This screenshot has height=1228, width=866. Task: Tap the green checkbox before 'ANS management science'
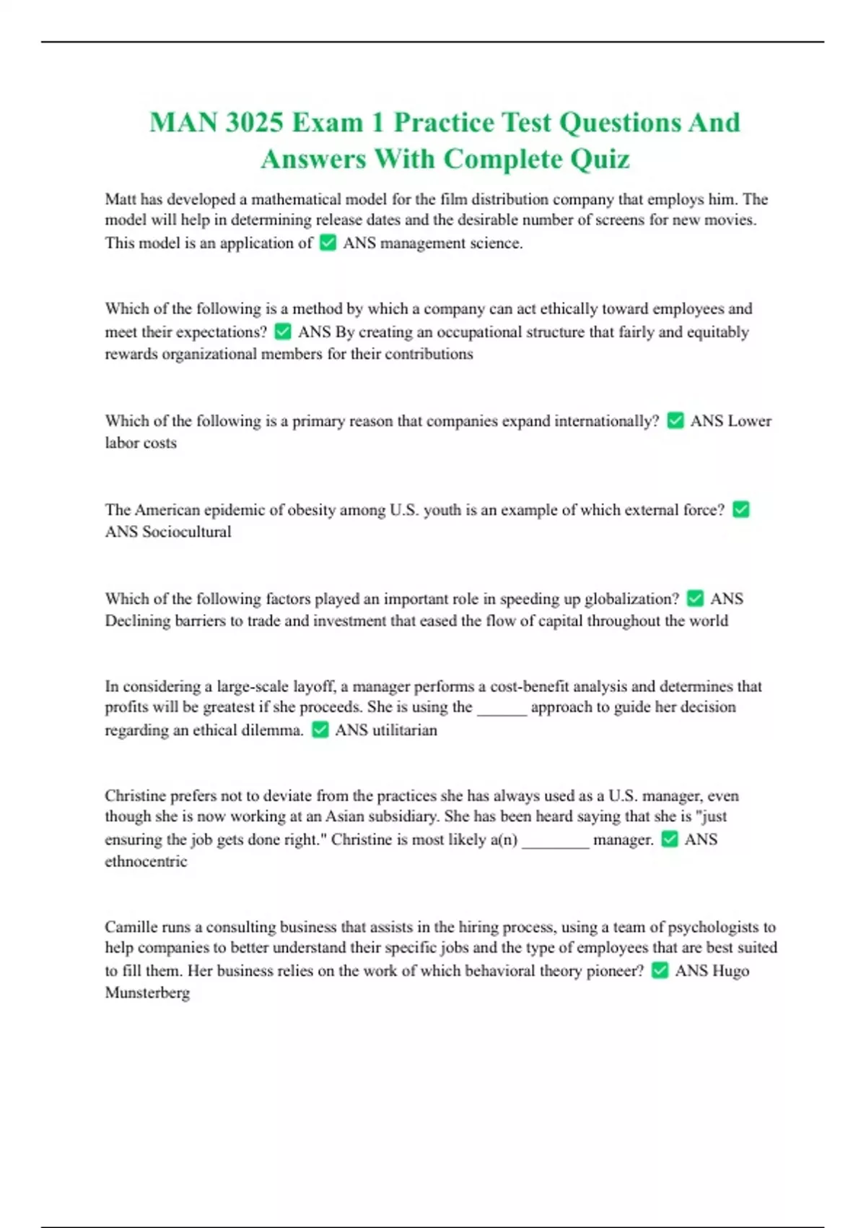click(x=328, y=243)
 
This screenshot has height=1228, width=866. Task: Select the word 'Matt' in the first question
click(x=121, y=199)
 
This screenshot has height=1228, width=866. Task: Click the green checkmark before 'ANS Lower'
click(x=675, y=420)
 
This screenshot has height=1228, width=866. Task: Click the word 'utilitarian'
click(x=404, y=730)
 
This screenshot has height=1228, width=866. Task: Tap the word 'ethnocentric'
click(x=146, y=861)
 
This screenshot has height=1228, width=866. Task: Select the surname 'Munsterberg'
click(x=147, y=993)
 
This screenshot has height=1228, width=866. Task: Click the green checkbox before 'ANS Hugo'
click(x=660, y=971)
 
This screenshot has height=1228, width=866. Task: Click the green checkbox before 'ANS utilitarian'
click(x=320, y=730)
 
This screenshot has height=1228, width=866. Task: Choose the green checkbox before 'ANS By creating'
click(x=283, y=332)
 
